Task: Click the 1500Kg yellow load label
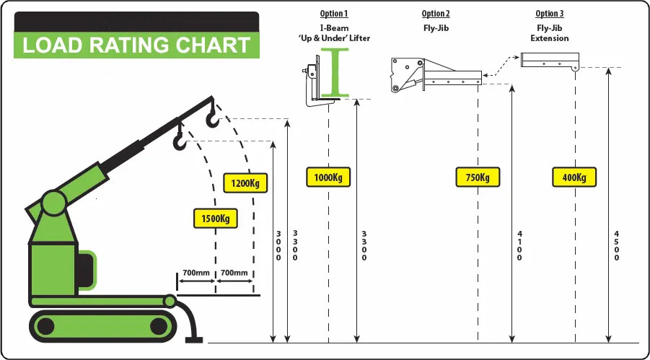[x=216, y=218]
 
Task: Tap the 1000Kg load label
[x=328, y=177]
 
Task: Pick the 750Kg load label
[x=478, y=177]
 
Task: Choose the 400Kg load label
[x=575, y=177]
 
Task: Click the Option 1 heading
[x=334, y=14]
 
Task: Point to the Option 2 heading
[x=436, y=14]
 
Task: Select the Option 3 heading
[x=550, y=14]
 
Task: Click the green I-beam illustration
[x=337, y=71]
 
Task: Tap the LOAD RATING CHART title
[x=136, y=45]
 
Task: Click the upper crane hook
[x=213, y=115]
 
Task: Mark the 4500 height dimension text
[x=616, y=246]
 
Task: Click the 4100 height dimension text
[x=519, y=246]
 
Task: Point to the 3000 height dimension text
[x=278, y=246]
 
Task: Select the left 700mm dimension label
[x=196, y=273]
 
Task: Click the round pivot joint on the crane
[x=53, y=203]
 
